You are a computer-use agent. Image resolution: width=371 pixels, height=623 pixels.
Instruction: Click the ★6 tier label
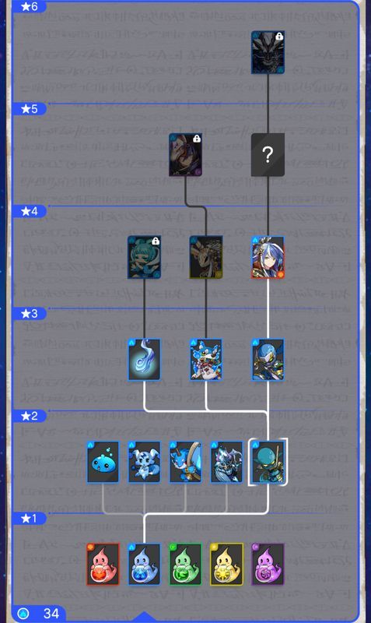pos(29,6)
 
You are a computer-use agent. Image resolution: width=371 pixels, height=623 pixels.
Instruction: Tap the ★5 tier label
pos(29,108)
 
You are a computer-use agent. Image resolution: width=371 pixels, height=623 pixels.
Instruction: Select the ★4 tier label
pos(29,211)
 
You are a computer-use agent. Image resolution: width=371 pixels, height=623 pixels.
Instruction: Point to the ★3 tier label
pos(29,314)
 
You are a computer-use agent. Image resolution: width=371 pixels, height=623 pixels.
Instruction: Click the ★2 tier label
pos(29,416)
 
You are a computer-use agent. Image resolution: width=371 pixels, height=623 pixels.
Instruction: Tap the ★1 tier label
pos(29,519)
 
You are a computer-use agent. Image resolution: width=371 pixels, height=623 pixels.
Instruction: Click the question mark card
pos(268,155)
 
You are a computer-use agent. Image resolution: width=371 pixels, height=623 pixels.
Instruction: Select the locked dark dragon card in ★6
pos(268,52)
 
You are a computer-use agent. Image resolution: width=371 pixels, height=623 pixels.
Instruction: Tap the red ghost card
pos(103,565)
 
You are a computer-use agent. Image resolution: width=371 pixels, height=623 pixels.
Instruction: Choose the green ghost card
pos(185,565)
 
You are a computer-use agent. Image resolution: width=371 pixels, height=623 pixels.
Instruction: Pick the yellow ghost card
pos(226,565)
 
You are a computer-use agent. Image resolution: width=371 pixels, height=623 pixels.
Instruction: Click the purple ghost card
pos(268,565)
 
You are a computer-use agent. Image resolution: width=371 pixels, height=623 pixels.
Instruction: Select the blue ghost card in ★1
pos(144,565)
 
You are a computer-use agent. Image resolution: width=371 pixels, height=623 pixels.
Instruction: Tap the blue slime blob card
pos(103,462)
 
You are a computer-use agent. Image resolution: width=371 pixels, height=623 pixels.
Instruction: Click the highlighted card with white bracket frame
pos(268,462)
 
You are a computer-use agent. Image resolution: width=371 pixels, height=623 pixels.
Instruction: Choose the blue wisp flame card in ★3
pos(144,360)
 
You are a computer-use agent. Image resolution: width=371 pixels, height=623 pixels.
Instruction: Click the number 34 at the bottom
pos(51,614)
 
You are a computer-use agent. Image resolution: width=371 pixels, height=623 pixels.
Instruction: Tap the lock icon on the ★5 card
pos(197,139)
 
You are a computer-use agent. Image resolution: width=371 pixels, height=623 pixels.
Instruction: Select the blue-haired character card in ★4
pos(268,257)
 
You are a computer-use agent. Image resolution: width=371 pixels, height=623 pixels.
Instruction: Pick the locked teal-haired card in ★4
pos(144,257)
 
